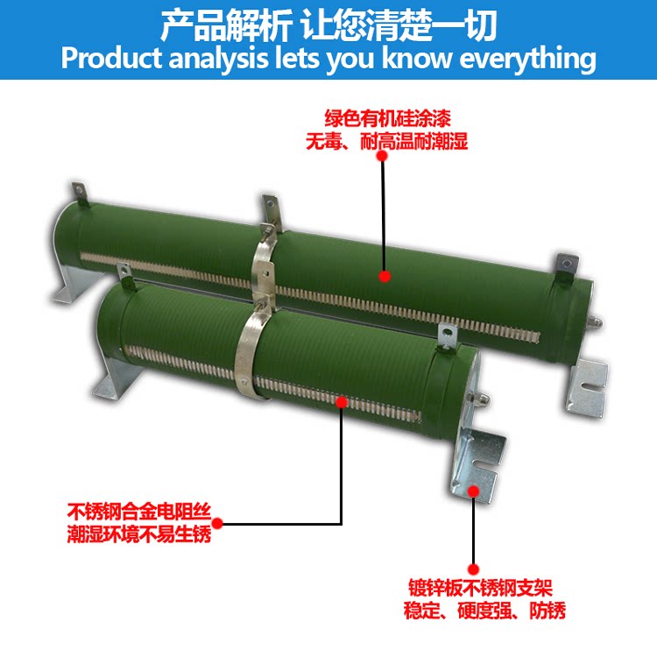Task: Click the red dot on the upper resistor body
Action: pyautogui.click(x=384, y=277)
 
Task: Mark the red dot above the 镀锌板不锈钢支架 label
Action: pyautogui.click(x=474, y=569)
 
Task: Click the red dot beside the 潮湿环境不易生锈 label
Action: pyautogui.click(x=217, y=524)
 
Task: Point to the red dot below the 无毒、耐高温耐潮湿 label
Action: pyautogui.click(x=382, y=155)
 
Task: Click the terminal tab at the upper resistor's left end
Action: pyautogui.click(x=80, y=190)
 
